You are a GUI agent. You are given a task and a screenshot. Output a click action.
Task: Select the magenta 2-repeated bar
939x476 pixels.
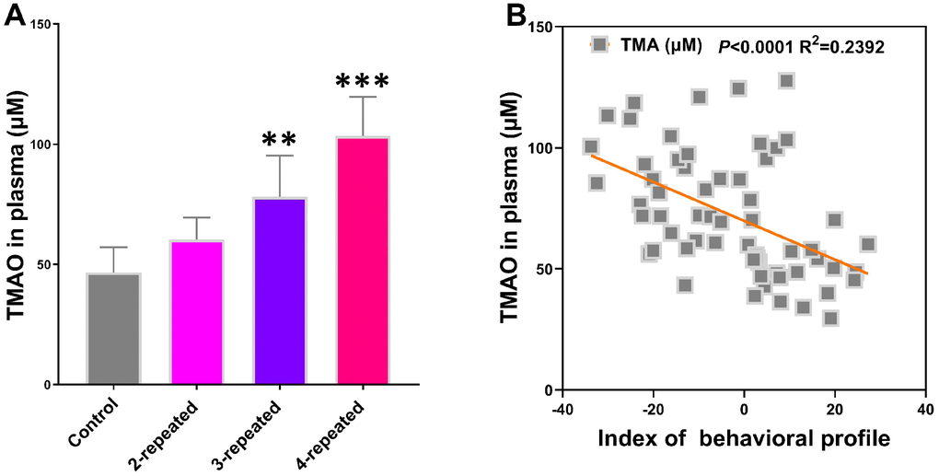[x=197, y=313]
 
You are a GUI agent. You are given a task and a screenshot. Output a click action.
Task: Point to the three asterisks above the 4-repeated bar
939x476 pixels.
[x=363, y=83]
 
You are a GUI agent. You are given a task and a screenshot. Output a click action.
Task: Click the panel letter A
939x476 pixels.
[x=16, y=15]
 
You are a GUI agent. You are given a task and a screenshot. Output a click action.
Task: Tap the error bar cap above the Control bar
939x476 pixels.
[x=114, y=248]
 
